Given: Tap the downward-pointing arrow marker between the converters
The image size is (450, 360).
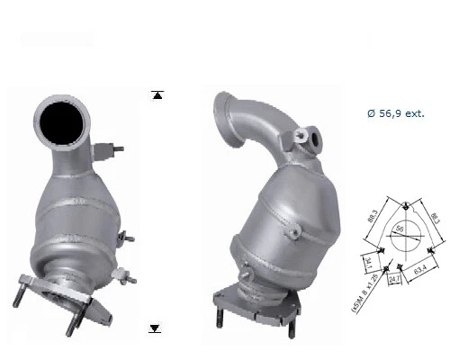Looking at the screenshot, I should point(155,328).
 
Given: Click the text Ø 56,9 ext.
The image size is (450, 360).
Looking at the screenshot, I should point(395,114).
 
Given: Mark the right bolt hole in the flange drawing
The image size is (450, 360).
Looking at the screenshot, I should point(436,245).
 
